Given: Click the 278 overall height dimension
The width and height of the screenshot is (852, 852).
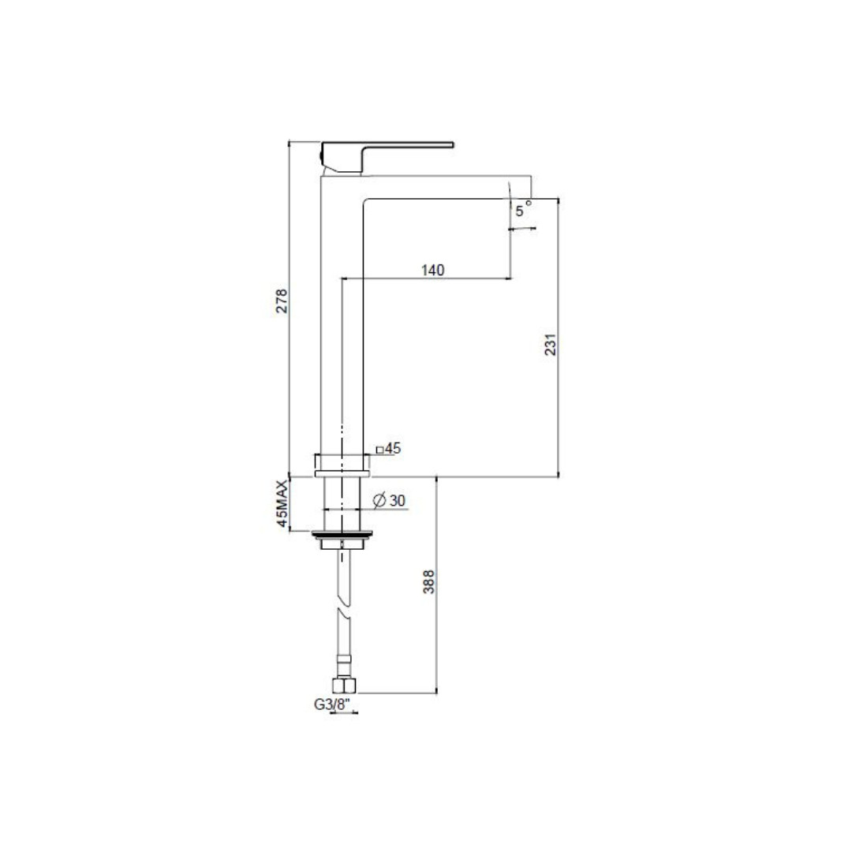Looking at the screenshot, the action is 282,301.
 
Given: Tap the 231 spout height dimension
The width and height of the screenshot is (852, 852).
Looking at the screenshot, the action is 551,345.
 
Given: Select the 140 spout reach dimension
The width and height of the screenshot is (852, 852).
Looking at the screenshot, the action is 432,270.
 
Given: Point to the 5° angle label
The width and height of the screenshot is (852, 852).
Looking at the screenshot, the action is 523,210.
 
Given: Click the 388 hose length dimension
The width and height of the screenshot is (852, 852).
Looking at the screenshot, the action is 428,581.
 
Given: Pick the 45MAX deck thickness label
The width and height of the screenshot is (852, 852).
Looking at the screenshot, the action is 282,503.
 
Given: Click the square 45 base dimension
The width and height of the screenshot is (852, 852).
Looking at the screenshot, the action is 388,448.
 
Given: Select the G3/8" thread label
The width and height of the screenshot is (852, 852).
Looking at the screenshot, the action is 333,704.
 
